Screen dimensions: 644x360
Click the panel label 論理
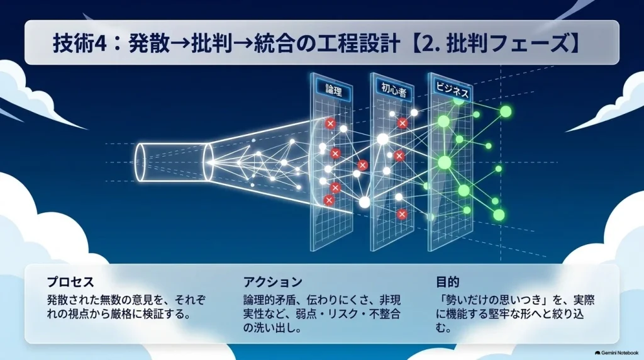pos(333,91)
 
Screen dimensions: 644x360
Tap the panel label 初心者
pos(394,90)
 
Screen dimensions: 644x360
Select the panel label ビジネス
pos(452,89)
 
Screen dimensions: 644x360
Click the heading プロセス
pos(70,282)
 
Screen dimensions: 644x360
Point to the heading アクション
pos(273,282)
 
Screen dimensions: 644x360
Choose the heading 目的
pos(448,282)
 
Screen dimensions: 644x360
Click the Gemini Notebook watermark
pos(616,352)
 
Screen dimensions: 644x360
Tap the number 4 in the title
pos(101,43)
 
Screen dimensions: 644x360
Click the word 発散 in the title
pos(149,43)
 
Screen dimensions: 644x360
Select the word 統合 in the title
pos(274,43)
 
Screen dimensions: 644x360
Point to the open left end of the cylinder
pos(140,162)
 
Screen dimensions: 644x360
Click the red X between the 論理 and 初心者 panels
pos(362,165)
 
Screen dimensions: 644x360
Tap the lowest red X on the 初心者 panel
pos(402,214)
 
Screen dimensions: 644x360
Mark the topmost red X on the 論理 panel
pos(330,123)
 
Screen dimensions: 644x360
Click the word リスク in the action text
pos(335,315)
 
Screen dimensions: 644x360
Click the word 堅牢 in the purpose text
pos(494,315)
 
